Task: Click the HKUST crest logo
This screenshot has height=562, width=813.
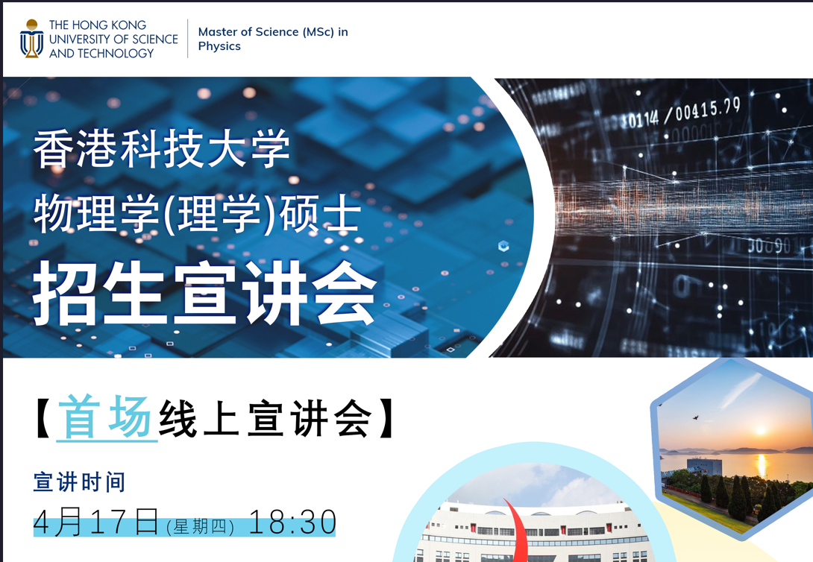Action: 31,39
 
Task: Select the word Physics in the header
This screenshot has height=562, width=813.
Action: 219,47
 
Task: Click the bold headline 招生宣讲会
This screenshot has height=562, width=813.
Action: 205,293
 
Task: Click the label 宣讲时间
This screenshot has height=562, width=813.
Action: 79,482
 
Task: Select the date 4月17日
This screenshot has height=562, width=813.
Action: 96,522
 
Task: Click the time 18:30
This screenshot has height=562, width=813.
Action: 293,522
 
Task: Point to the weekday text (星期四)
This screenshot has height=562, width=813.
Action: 201,527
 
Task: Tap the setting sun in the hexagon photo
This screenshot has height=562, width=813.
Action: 761,430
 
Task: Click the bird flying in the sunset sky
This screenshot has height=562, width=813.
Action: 695,417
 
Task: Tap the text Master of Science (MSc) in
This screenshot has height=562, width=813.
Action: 273,32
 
